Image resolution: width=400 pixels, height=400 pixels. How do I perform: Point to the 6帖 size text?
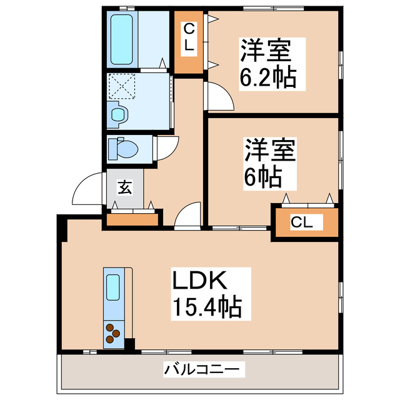point(261,177)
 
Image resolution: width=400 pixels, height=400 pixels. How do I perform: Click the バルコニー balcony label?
point(201,370)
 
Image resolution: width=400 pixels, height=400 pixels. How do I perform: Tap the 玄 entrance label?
point(124,187)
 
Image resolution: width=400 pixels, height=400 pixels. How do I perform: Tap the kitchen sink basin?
point(114,289)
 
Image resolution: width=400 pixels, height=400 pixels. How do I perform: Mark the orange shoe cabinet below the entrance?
point(133,218)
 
